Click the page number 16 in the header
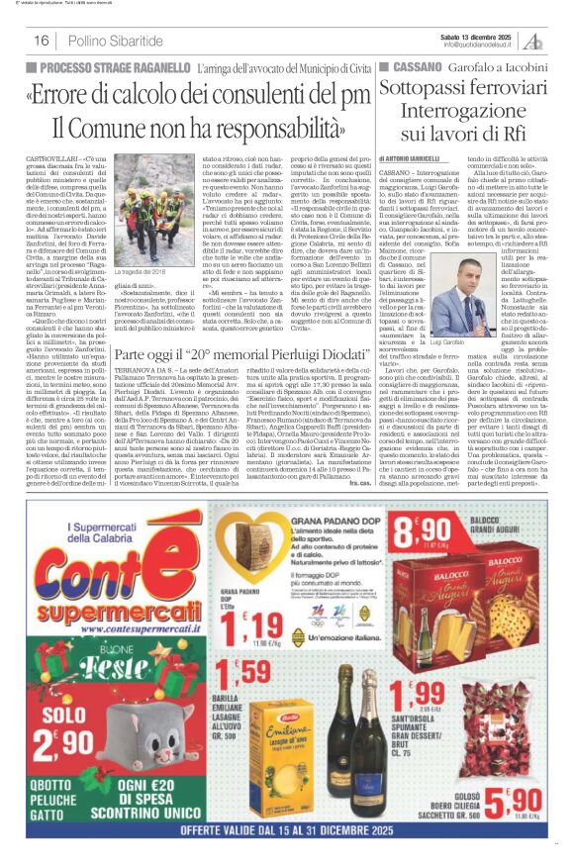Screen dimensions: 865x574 [x=42, y=41]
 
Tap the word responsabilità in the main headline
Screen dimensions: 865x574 [x=280, y=128]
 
